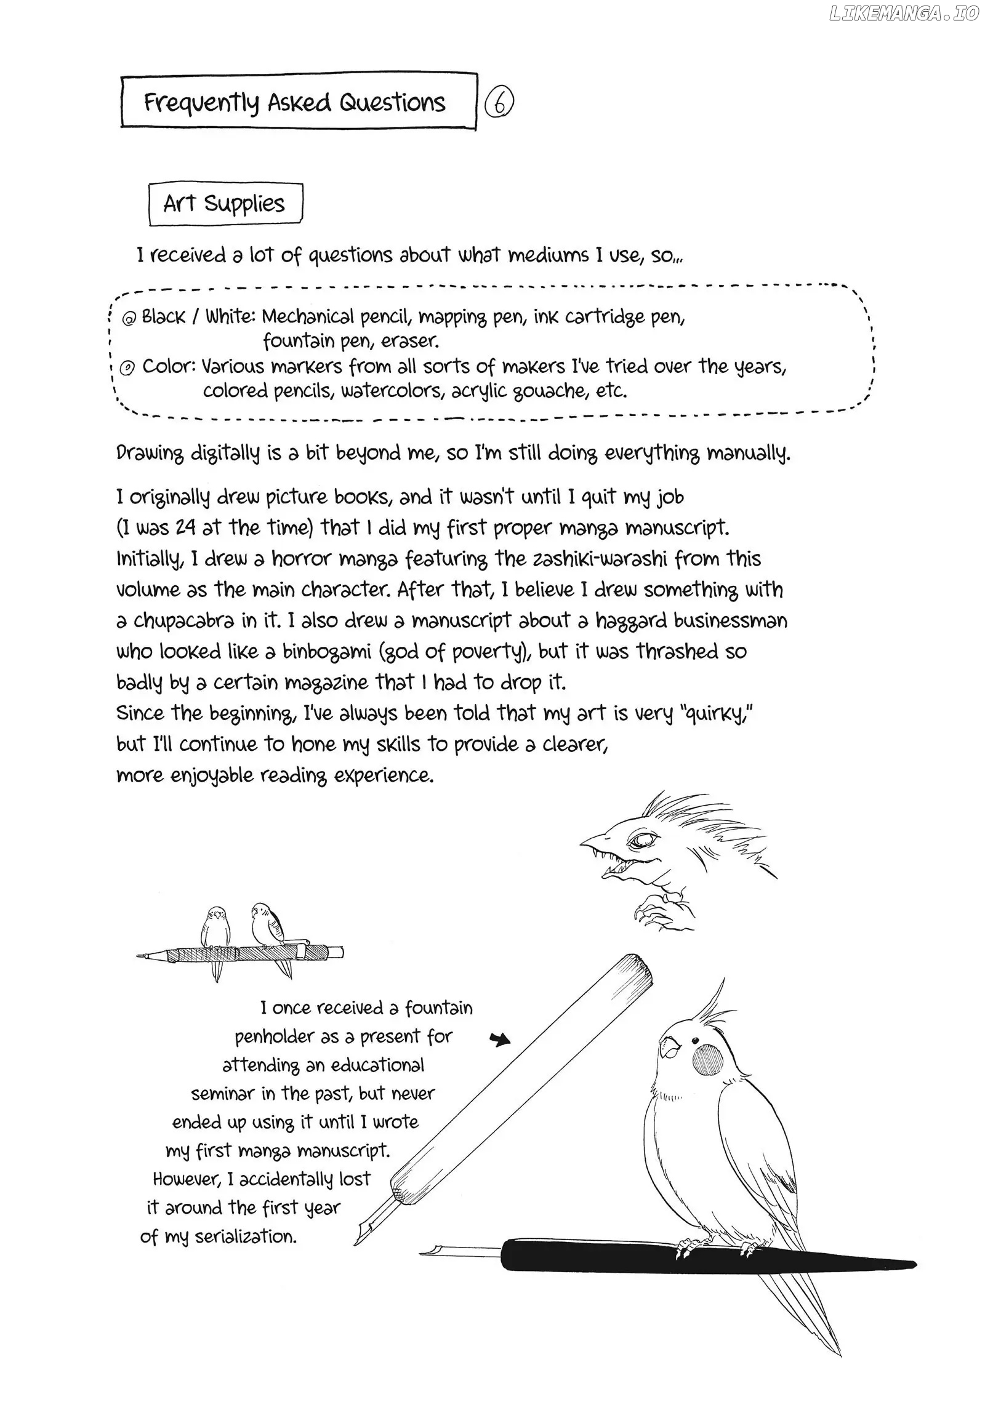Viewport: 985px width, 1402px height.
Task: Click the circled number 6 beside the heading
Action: pos(499,103)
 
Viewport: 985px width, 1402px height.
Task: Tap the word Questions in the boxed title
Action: pos(392,102)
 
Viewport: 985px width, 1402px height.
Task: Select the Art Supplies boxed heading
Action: pos(225,204)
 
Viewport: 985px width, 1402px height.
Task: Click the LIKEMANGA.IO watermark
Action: pos(904,14)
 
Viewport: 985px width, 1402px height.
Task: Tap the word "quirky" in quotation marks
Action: pos(715,714)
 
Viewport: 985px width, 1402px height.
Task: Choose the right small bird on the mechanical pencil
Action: pos(266,923)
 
